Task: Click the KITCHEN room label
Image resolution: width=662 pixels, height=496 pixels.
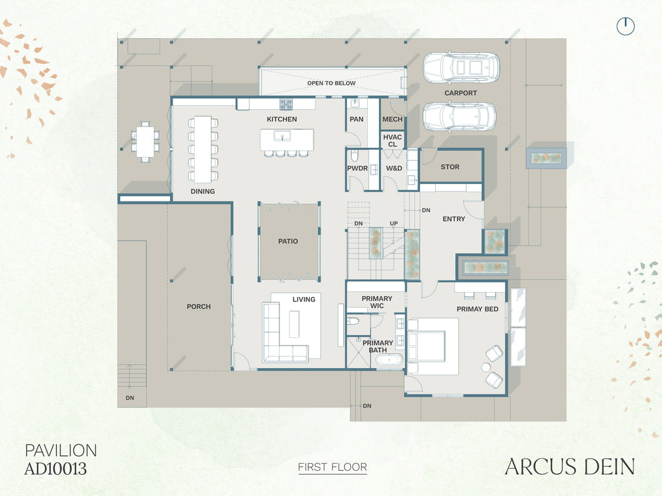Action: point(282,119)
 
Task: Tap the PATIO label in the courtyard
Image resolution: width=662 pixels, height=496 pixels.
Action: point(288,242)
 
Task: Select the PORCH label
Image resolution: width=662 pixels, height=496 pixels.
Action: point(198,307)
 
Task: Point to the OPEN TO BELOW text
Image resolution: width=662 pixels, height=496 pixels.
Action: point(332,83)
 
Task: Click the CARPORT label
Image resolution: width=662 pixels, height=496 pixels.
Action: point(460,93)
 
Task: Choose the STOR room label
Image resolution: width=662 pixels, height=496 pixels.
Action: point(450,167)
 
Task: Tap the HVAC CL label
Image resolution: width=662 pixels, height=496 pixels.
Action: point(392,140)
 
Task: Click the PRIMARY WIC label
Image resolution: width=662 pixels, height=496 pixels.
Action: point(377,302)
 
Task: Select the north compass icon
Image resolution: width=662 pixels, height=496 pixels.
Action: point(626,26)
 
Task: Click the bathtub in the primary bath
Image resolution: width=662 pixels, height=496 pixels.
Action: point(389,360)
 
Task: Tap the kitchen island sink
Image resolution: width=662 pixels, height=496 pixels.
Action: point(281,136)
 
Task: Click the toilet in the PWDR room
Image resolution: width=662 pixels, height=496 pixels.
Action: point(354,156)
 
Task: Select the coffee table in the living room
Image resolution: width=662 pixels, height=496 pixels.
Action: point(294,324)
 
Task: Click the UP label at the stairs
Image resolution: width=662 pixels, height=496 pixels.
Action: point(394,223)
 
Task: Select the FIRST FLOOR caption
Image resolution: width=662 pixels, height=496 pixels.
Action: point(333,468)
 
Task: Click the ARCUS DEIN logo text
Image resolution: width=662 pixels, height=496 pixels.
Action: point(570,467)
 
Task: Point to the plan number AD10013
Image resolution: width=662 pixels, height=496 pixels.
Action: point(56,469)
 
